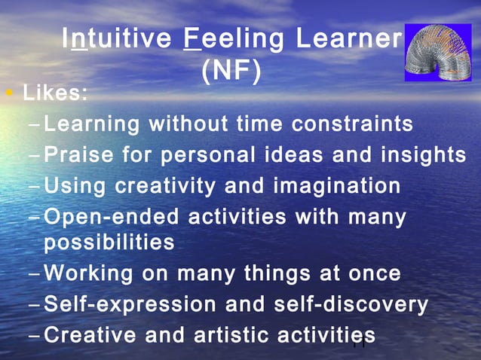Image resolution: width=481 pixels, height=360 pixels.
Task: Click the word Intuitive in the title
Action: click(x=117, y=40)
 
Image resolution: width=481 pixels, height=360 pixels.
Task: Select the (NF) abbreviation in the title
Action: click(x=232, y=72)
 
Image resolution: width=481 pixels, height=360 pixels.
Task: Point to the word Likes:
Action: click(x=55, y=96)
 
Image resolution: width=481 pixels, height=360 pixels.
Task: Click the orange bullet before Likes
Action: click(x=8, y=96)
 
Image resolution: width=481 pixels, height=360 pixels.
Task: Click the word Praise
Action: click(x=79, y=154)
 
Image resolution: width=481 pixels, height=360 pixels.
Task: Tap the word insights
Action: click(x=422, y=154)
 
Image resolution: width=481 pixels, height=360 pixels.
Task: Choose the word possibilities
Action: click(x=109, y=243)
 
